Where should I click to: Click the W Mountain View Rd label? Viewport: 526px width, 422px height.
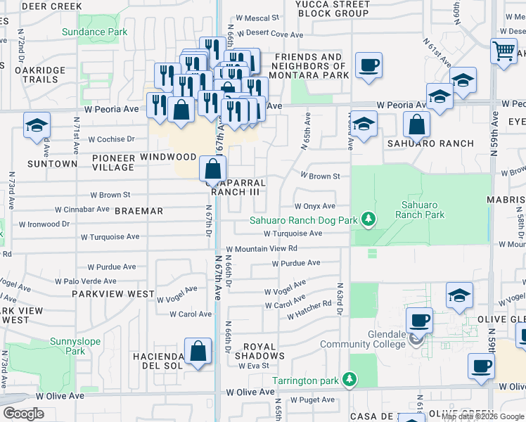[262, 248]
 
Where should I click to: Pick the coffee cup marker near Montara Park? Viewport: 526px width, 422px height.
[368, 65]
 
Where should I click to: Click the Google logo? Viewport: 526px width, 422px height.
[23, 414]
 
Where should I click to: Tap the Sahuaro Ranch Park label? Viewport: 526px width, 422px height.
[423, 209]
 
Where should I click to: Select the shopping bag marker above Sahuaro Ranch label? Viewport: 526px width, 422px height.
[417, 124]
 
